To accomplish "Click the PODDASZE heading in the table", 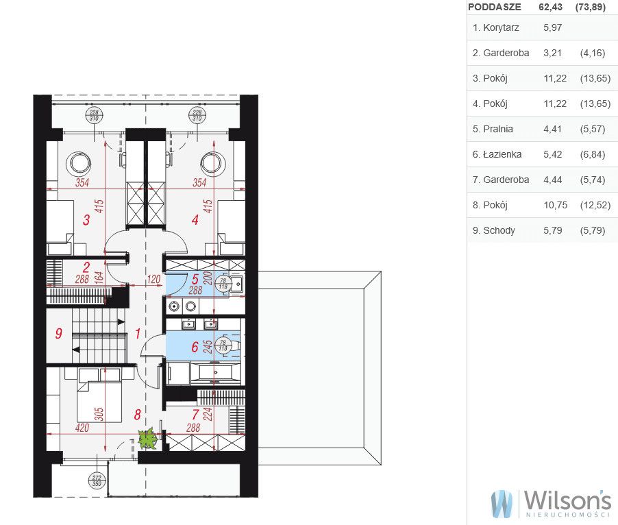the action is (x=494, y=7).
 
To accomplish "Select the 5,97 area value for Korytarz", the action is (x=553, y=27).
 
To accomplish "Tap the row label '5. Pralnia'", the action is (x=493, y=129).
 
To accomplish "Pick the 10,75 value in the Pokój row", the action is (x=556, y=205).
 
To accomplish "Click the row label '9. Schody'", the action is (x=494, y=230).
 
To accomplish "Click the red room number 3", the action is (x=86, y=219).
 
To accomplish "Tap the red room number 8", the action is (x=137, y=415).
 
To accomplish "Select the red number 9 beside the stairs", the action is (x=59, y=334).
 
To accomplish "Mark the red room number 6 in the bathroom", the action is (x=195, y=347).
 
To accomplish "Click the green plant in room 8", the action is (x=148, y=438).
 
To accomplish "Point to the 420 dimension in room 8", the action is (x=82, y=428).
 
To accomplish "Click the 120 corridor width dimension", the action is (x=153, y=280).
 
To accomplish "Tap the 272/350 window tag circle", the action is (x=97, y=480).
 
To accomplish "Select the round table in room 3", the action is (x=78, y=163).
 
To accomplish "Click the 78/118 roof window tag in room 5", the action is (x=223, y=284).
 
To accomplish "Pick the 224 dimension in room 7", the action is (x=208, y=414).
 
